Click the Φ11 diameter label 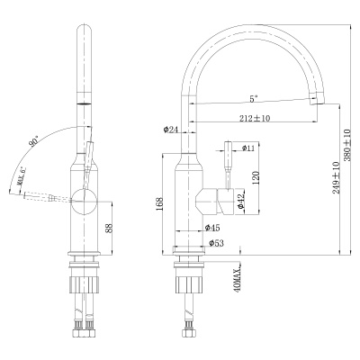[x=249, y=146]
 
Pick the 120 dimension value [x=255, y=178]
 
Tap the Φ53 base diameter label [x=216, y=243]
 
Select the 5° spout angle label [x=256, y=100]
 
